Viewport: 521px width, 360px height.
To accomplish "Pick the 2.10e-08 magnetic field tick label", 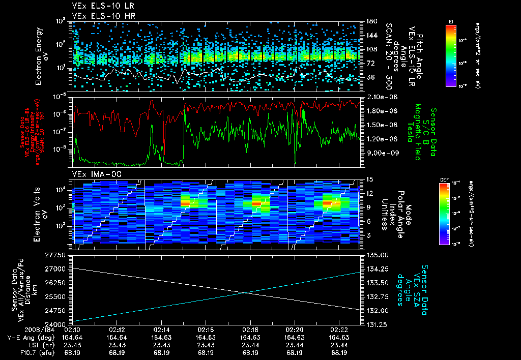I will [377, 97].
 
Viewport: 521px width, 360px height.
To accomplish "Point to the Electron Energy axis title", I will [40, 55].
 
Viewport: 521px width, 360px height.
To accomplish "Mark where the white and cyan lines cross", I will [246, 292].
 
